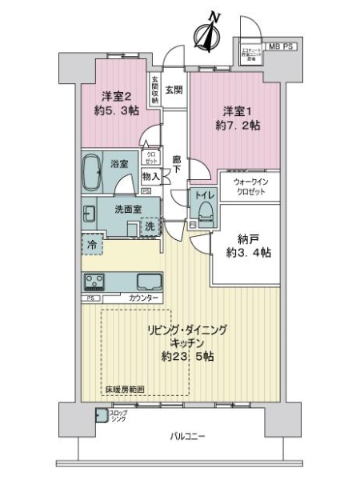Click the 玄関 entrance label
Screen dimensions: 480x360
click(x=174, y=90)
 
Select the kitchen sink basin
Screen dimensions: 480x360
click(x=148, y=282)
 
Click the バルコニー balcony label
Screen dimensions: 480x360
click(x=189, y=436)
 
